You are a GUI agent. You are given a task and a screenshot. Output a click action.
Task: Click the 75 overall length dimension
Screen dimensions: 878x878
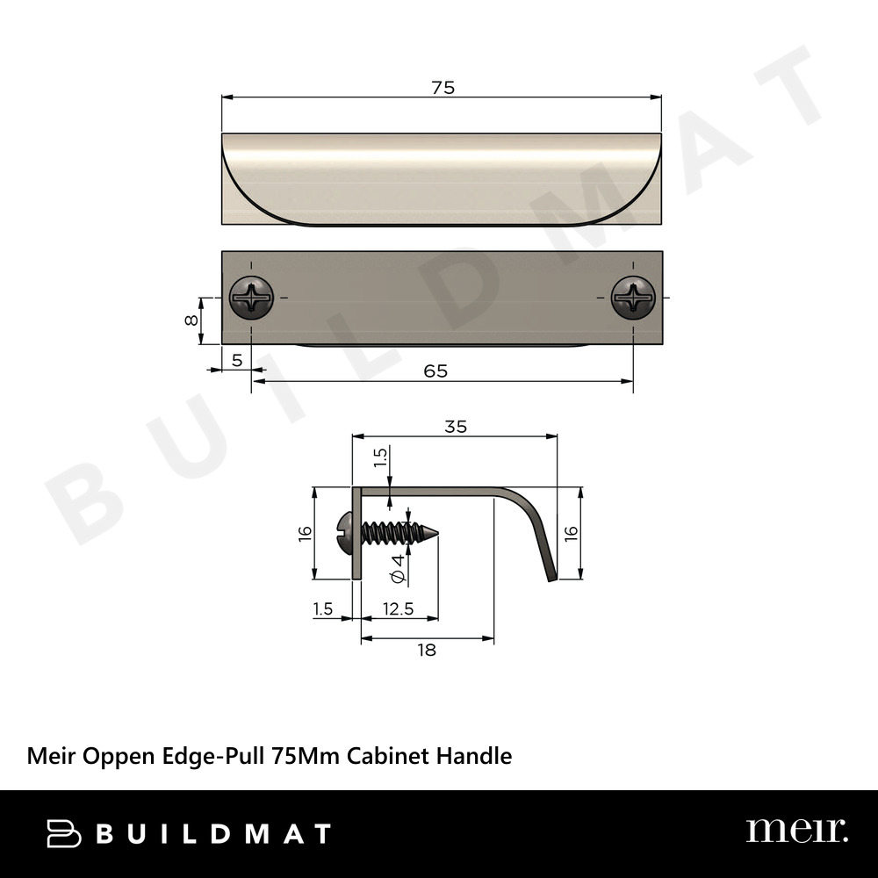(x=443, y=88)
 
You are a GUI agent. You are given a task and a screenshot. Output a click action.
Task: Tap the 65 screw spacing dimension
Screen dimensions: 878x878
(x=435, y=371)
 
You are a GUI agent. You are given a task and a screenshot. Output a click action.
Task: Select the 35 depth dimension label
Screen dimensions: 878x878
(x=456, y=427)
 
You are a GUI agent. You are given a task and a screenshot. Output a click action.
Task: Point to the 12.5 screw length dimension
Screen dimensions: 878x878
(x=398, y=608)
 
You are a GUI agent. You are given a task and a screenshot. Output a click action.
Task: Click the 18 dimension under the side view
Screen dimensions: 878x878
(x=427, y=650)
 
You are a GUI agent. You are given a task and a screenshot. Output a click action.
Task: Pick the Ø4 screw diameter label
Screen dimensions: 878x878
(x=398, y=569)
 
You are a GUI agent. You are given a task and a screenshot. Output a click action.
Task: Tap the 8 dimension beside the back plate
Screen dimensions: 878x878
(x=191, y=320)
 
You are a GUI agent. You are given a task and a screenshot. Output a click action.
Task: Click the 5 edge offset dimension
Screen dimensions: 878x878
(x=237, y=361)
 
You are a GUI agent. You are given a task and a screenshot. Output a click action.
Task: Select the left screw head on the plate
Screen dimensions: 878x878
(x=251, y=298)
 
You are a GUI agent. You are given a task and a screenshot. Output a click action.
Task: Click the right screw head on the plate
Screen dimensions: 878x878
(x=633, y=298)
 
